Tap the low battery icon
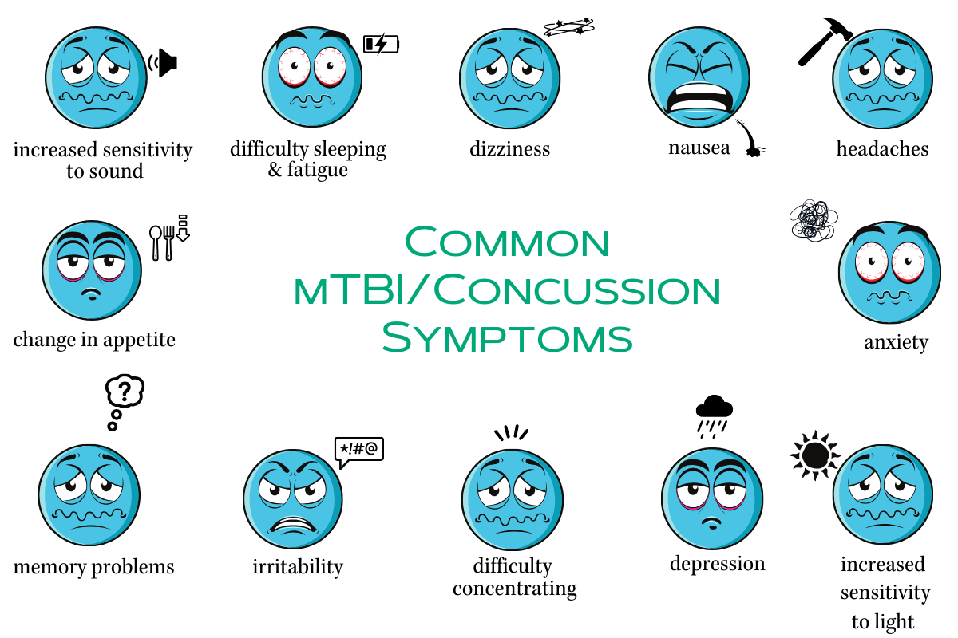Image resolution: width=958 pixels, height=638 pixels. (381, 43)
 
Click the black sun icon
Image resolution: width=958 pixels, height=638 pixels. (815, 455)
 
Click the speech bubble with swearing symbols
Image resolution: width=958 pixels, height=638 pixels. (358, 451)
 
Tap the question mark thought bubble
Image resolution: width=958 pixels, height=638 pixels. (125, 392)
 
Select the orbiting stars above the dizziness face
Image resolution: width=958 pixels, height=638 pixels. (569, 29)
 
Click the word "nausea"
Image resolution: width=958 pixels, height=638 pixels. (699, 148)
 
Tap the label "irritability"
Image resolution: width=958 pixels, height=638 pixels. (298, 567)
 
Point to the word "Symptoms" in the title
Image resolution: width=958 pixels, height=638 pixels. (507, 337)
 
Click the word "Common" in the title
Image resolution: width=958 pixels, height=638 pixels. (507, 242)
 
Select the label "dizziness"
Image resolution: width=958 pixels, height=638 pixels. (510, 149)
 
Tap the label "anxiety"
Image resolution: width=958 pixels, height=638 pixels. (896, 343)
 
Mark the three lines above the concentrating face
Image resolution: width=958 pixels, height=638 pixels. (511, 434)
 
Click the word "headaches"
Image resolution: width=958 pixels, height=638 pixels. (882, 149)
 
